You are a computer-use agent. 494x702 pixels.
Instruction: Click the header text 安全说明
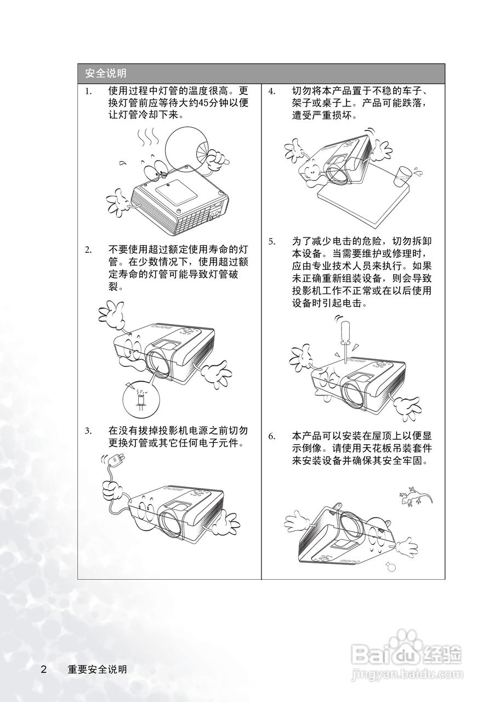pos(106,73)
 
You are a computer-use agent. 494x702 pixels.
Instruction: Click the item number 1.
pos(89,92)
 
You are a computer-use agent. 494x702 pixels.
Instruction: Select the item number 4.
pos(272,92)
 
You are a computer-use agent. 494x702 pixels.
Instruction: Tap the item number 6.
pos(272,437)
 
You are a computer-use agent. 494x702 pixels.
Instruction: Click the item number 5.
pos(272,242)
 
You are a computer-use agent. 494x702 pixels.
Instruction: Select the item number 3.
pos(89,431)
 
